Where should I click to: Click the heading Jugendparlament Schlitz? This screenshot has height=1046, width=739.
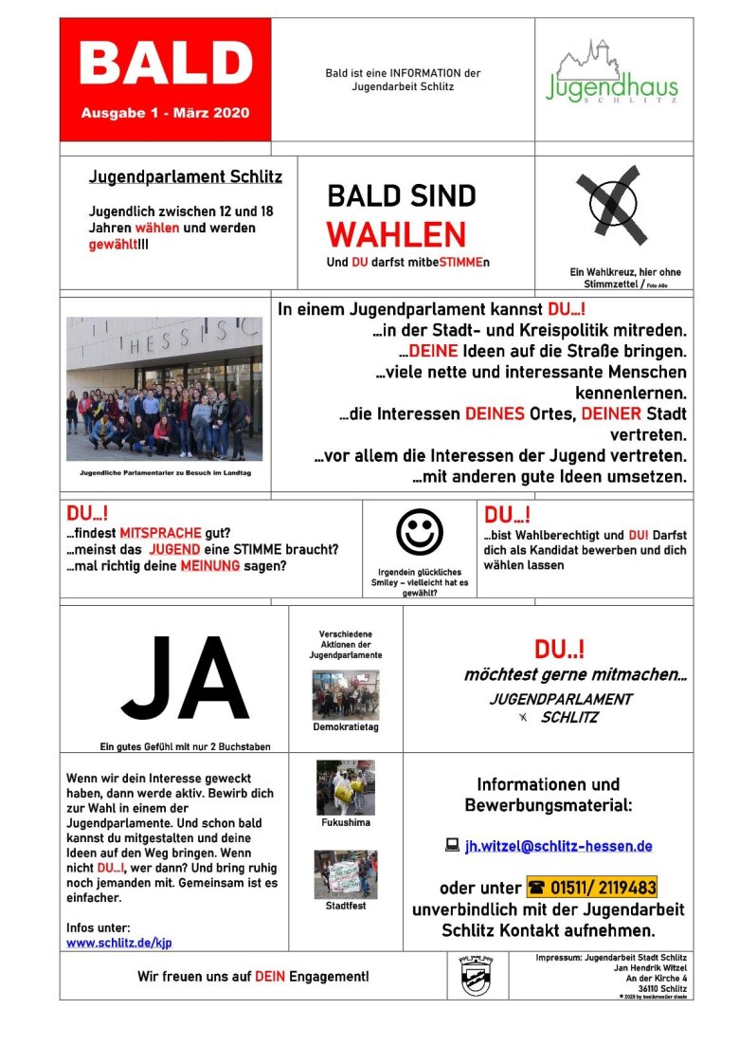(x=185, y=177)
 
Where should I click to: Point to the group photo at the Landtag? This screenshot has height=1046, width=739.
(x=164, y=390)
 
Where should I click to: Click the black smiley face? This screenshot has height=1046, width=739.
(x=419, y=532)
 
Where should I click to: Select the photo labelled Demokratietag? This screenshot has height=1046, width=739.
(x=345, y=694)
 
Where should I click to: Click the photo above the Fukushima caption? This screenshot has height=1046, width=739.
(x=345, y=787)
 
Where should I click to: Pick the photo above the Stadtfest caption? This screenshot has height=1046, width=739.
(x=345, y=874)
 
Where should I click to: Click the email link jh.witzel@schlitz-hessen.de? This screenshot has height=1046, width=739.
(x=558, y=846)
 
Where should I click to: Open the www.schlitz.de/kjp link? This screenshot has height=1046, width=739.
(x=119, y=943)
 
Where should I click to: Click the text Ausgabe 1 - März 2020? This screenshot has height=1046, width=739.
(x=165, y=113)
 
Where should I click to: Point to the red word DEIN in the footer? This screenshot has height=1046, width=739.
(x=270, y=976)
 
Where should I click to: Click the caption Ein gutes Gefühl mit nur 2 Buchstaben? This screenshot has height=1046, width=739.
(x=185, y=746)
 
